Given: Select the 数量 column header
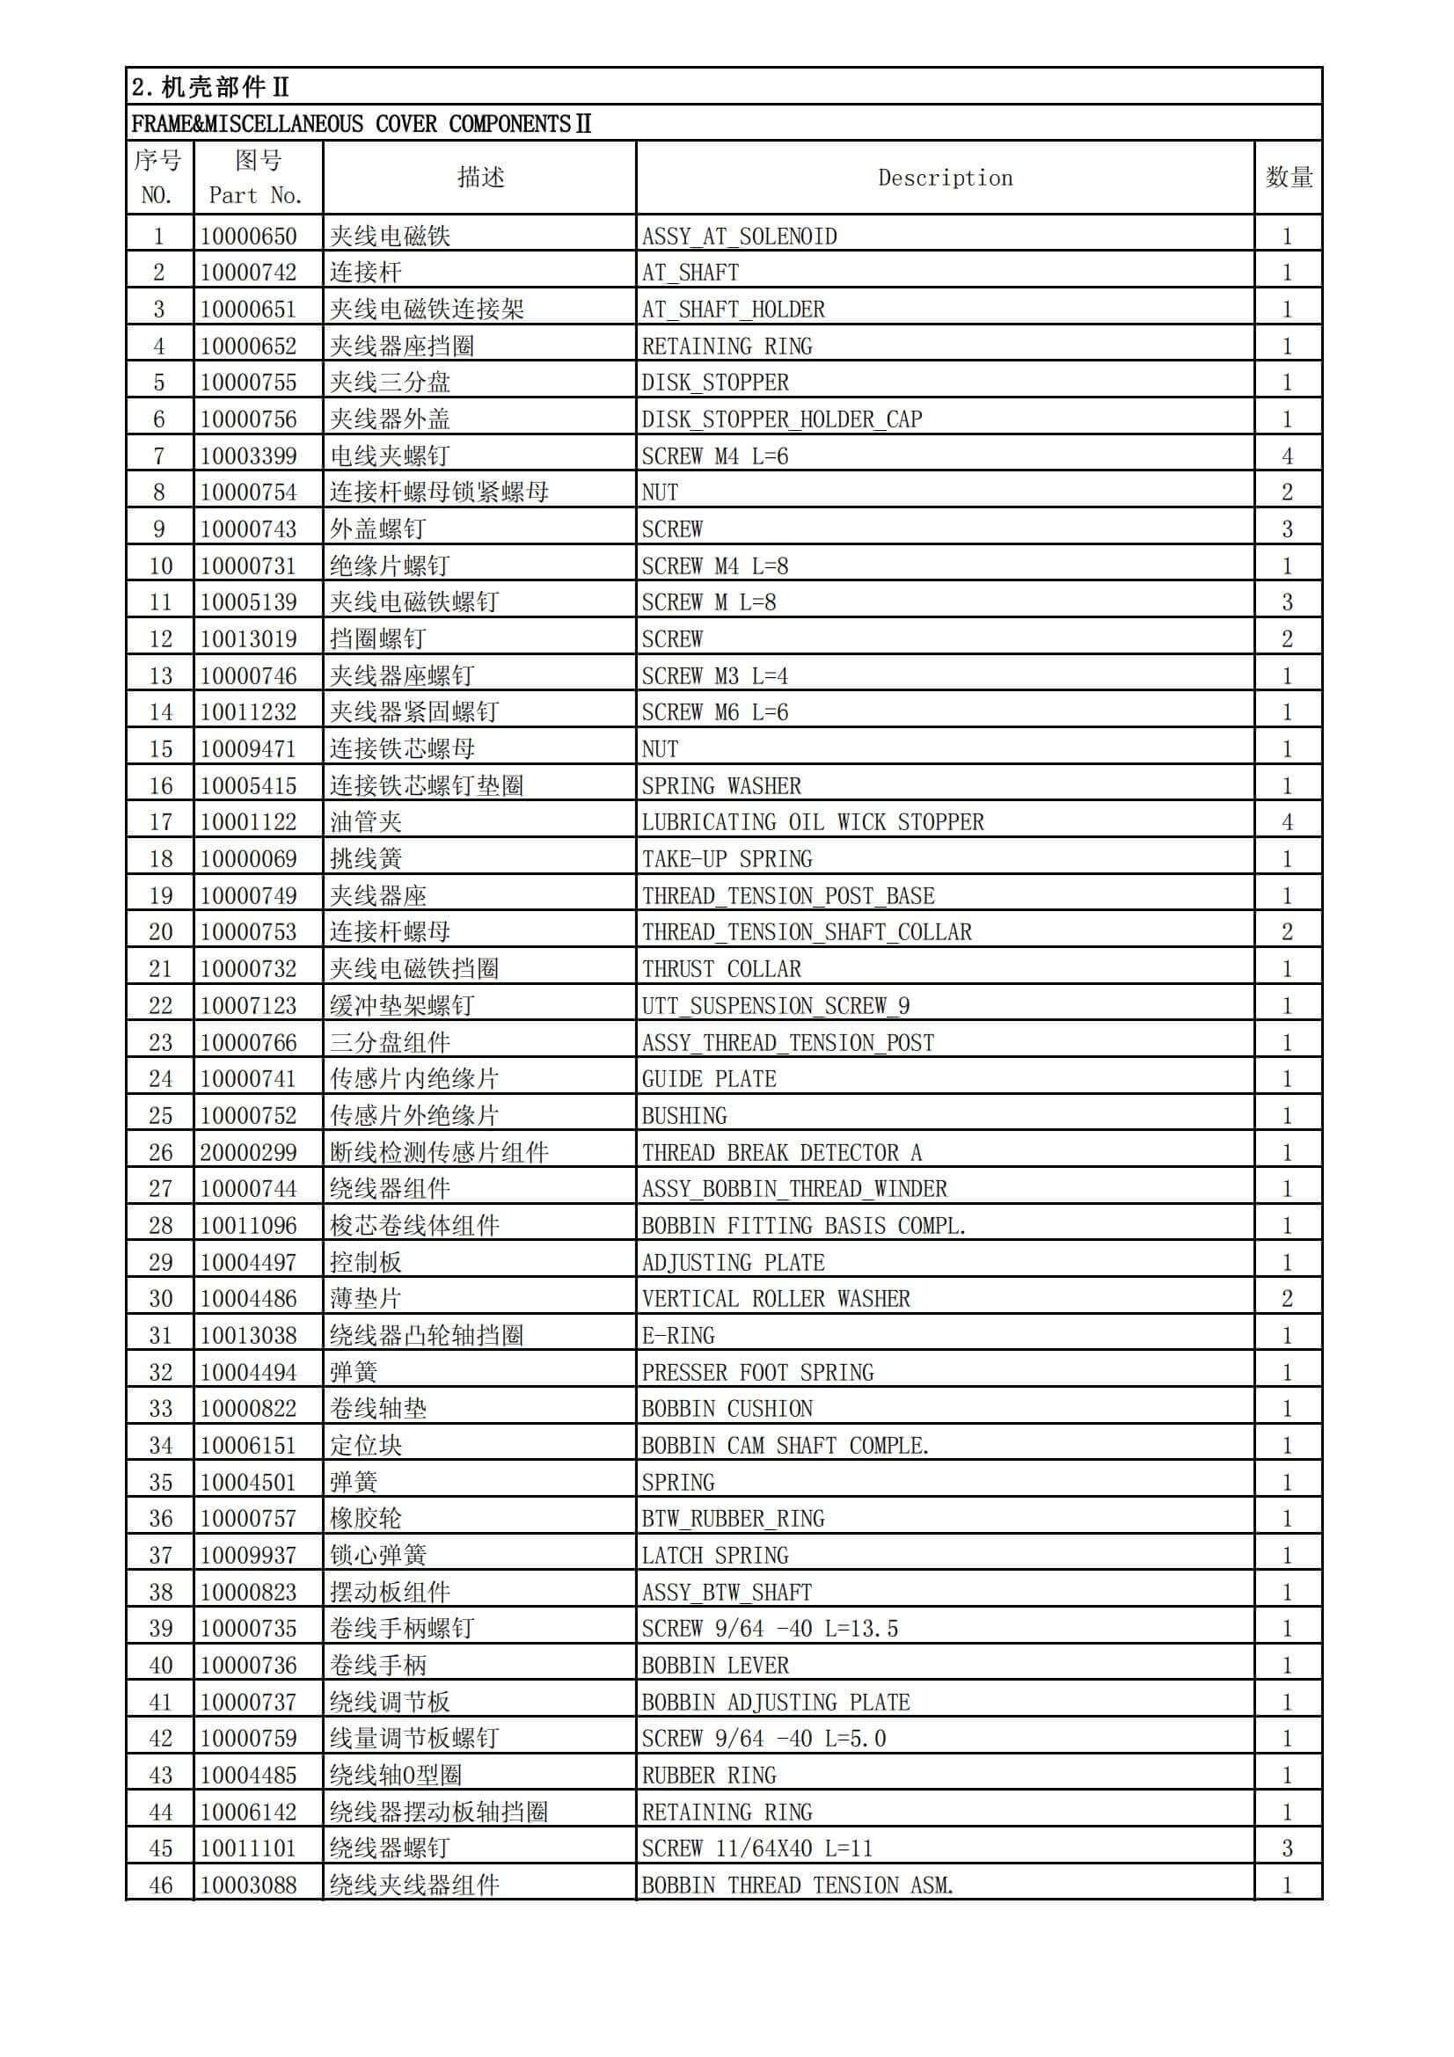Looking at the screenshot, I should tap(1289, 178).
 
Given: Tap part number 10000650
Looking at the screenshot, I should tap(248, 236).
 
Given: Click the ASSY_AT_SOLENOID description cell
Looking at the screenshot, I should tap(739, 236).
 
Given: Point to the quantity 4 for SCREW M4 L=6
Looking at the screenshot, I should tap(1288, 456).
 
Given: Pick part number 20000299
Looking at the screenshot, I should tap(248, 1152).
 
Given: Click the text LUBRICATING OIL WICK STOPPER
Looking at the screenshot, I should tap(813, 822).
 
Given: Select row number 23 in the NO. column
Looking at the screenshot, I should tap(160, 1042).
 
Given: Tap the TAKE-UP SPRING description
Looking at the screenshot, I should tap(727, 859).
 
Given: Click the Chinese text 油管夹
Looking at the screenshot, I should tap(366, 822).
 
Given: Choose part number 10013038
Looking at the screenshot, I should tap(248, 1335).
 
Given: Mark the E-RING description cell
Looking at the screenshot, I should tap(678, 1335).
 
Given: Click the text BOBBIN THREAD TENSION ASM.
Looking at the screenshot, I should tap(797, 1885).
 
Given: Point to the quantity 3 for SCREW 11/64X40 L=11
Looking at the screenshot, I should tap(1288, 1848).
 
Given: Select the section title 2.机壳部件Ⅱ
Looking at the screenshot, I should tap(209, 87).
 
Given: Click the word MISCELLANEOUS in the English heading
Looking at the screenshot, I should tap(284, 124).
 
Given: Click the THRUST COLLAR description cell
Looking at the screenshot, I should tap(721, 968).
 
